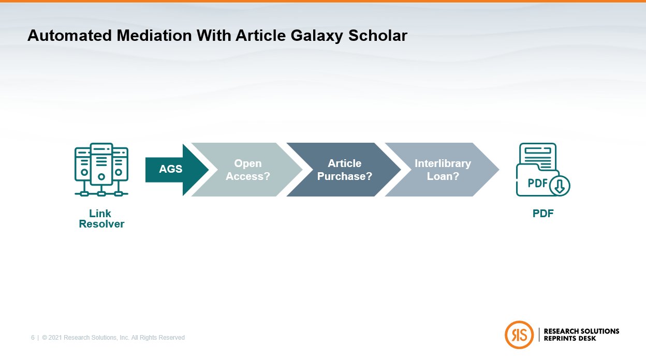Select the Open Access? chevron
coord(247,170)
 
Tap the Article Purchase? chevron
coord(344,170)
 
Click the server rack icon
coord(101,170)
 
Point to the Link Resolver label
coord(101,219)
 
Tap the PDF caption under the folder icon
coord(543,214)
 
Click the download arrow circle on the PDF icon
coord(559,185)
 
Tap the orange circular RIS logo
coord(519,335)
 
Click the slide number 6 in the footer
coord(33,338)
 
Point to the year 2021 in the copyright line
coord(55,338)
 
